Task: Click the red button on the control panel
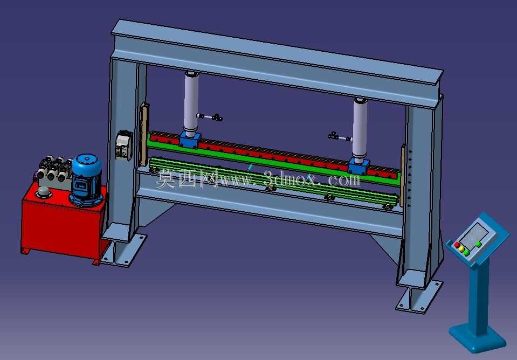[457, 245]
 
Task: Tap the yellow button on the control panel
[461, 249]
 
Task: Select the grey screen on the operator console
[475, 235]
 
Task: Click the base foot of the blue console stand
[477, 338]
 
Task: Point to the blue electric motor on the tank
[87, 179]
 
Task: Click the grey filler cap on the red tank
[44, 192]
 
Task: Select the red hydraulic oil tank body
[63, 224]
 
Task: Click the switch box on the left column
[123, 145]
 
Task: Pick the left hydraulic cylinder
[191, 104]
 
